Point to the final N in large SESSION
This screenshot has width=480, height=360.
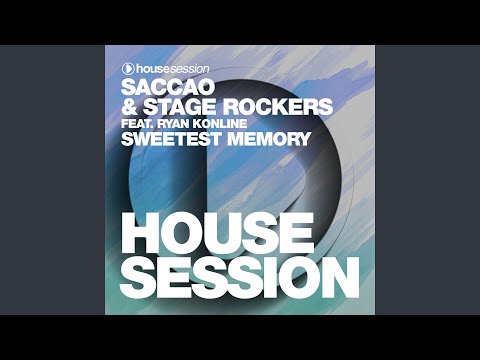342,275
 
